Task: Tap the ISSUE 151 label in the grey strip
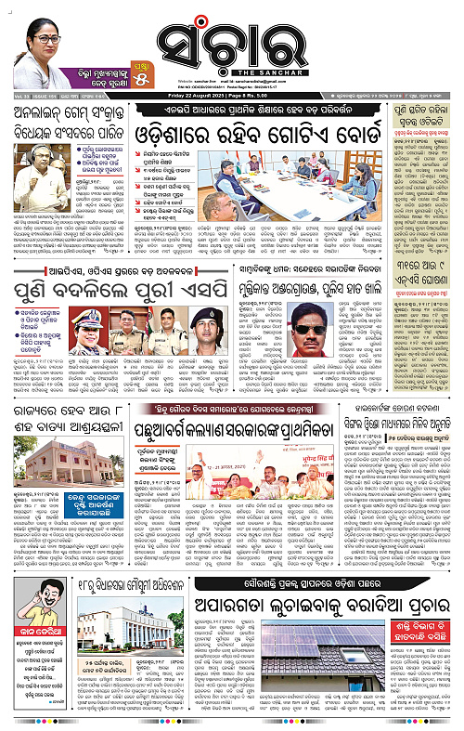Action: click(38, 96)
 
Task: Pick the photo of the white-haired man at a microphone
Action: click(34, 154)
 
